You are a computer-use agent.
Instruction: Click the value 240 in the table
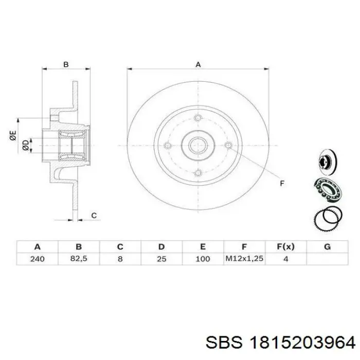[x=37, y=259]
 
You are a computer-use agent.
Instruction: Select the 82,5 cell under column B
[x=79, y=259]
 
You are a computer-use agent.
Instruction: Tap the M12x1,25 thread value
[x=244, y=259]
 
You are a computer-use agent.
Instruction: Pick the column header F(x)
[x=285, y=246]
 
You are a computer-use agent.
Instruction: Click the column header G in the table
[x=327, y=246]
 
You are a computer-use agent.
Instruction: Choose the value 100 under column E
[x=203, y=259]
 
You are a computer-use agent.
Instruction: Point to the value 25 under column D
[x=161, y=259]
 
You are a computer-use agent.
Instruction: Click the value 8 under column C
[x=120, y=259]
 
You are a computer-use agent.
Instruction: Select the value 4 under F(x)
[x=285, y=259]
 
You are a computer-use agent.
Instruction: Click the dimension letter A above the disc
[x=197, y=64]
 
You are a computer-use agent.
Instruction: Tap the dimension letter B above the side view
[x=65, y=64]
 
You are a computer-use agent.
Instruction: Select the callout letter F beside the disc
[x=281, y=183]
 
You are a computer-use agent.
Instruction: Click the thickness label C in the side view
[x=94, y=215]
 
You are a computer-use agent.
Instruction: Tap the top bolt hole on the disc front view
[x=197, y=119]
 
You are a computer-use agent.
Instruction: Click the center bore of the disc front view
[x=197, y=146]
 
